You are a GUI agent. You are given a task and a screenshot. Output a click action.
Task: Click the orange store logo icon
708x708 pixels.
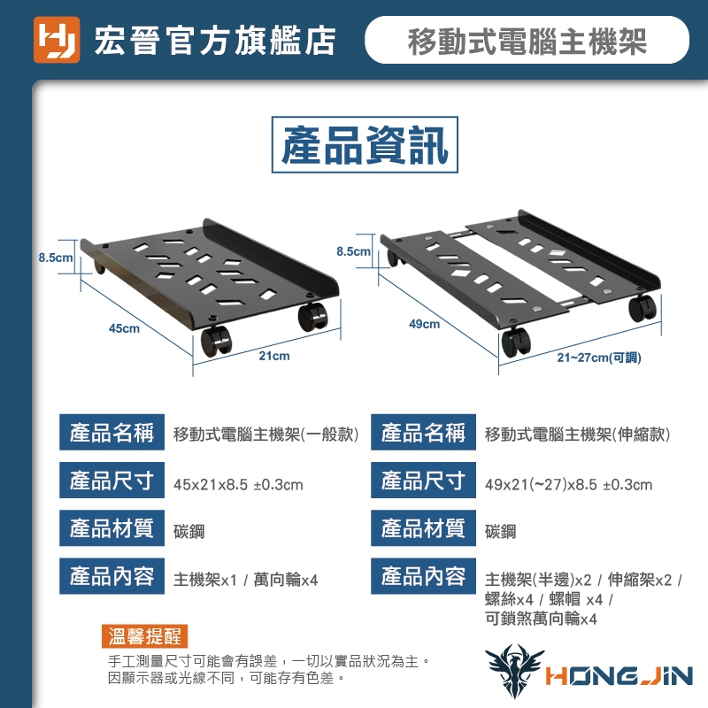pos(57,40)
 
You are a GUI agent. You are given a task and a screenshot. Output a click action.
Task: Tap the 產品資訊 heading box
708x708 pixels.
pos(365,144)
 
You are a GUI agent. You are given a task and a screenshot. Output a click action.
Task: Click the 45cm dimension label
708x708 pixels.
pos(124,328)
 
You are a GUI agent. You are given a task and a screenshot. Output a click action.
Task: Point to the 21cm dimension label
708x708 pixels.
pos(274,356)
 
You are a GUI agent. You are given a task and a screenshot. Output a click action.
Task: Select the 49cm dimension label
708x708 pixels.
pos(425,324)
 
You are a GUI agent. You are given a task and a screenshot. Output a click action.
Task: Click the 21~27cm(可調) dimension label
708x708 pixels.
pos(599,358)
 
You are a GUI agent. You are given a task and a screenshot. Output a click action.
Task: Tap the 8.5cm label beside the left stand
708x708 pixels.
pos(55,258)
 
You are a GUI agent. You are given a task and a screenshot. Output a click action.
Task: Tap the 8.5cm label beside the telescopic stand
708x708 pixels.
pos(353,251)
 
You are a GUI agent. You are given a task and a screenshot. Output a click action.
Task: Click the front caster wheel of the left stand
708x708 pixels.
pos(215,341)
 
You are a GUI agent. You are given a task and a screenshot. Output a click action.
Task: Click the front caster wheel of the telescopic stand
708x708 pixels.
pos(516,342)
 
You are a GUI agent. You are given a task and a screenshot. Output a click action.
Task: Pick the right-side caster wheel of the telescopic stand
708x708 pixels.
pos(642,308)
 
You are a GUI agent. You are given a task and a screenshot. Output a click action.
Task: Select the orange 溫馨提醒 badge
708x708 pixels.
pos(144,636)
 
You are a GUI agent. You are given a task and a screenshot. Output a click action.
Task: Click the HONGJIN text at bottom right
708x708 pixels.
pos(619,676)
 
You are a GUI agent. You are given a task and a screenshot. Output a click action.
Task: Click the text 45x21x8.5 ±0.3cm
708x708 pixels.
pos(238,484)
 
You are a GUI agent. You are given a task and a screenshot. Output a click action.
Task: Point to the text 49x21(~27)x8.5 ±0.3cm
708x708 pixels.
pos(568,484)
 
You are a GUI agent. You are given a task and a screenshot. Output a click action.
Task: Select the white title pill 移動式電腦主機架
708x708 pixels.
pos(527,40)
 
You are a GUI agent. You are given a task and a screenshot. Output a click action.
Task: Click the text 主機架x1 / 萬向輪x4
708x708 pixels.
pos(246,580)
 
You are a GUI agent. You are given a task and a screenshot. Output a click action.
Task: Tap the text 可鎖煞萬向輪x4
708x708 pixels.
pos(541,618)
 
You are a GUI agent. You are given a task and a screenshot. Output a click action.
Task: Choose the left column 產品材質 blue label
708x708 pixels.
pos(112,527)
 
